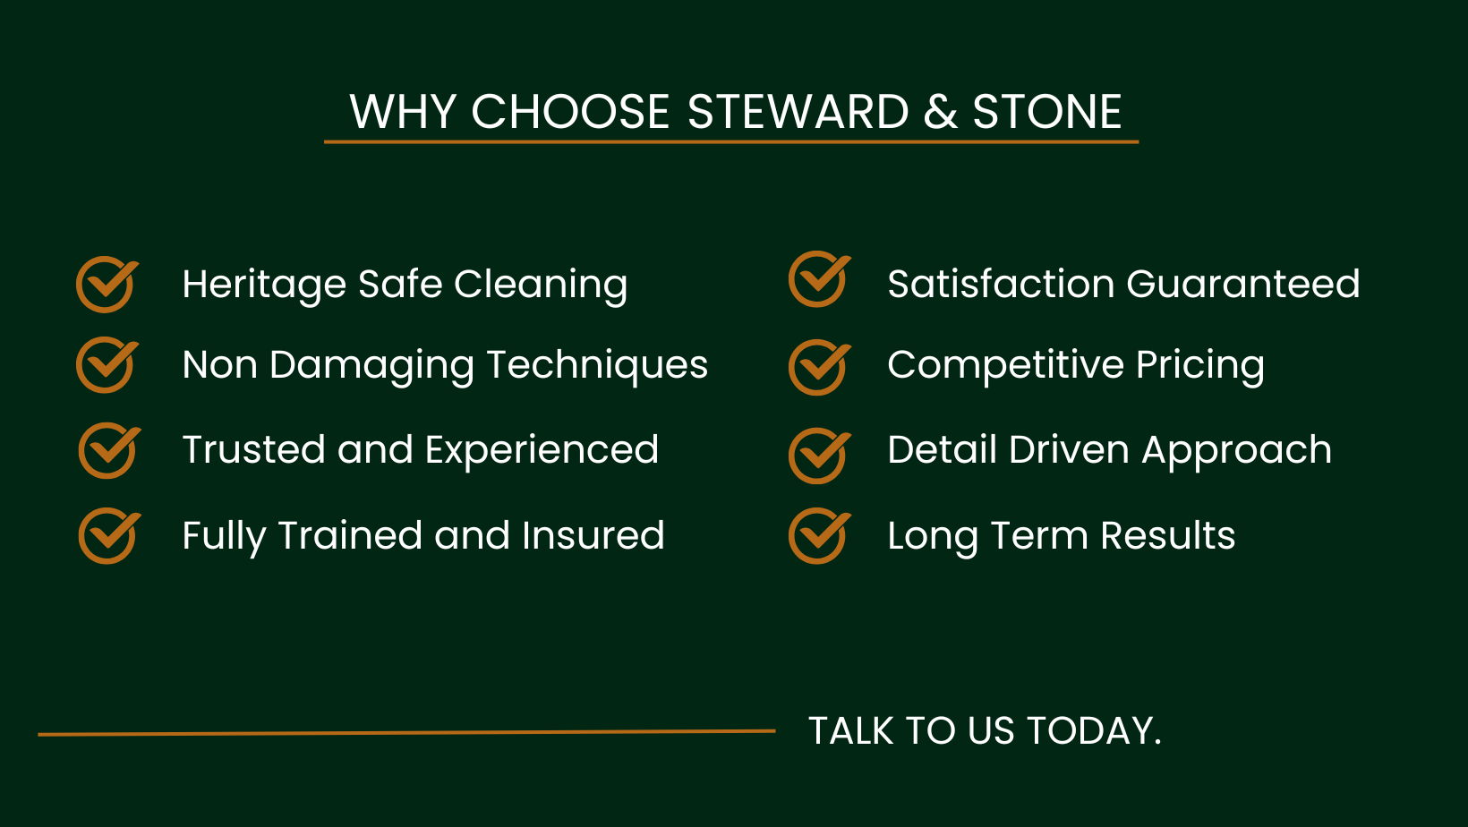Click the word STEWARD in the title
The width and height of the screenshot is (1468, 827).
tap(798, 111)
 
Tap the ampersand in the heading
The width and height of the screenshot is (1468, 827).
tap(941, 111)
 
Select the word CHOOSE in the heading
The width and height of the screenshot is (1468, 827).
tap(570, 111)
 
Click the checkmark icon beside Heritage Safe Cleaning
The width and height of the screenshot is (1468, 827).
tap(107, 284)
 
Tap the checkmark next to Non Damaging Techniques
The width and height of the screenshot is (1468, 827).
tap(107, 364)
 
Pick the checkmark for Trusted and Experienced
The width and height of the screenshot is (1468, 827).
tap(109, 450)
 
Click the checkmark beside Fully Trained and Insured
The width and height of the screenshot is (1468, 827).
tap(109, 535)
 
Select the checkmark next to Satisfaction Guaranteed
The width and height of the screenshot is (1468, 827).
tap(819, 278)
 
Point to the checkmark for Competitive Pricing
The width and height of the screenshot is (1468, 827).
tap(819, 367)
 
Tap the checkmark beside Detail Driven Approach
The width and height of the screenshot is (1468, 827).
tap(819, 456)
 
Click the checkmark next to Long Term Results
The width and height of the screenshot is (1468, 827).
tap(819, 535)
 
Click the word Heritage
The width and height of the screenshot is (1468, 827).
tap(264, 286)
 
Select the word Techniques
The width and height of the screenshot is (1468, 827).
tap(597, 366)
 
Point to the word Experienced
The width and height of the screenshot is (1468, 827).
tap(542, 449)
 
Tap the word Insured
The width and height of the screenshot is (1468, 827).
tap(593, 535)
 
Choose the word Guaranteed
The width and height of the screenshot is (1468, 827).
tap(1243, 285)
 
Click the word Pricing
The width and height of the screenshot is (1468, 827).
tap(1200, 366)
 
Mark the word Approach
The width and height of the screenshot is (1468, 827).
tap(1237, 451)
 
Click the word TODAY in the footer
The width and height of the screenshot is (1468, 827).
tap(1094, 730)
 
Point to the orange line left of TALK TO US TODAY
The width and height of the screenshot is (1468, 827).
tap(407, 733)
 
